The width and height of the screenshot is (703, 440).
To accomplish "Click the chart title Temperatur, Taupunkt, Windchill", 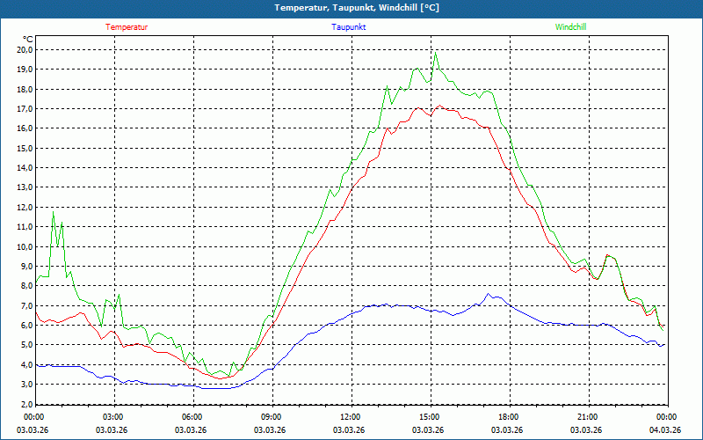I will point(356,8).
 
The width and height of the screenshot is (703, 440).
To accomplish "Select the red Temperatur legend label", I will point(127,27).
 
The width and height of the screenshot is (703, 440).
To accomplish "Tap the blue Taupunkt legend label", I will point(349,27).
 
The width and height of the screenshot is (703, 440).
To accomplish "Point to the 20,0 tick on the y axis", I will point(24,49).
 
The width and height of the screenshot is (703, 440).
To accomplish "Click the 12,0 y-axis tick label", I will point(24,207).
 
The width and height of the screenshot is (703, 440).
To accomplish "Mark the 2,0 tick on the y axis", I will point(24,404).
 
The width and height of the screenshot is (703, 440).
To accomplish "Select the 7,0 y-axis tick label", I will point(24,305).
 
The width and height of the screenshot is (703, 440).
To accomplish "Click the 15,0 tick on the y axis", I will point(24,148).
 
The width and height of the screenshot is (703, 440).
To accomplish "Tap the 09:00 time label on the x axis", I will point(272,417).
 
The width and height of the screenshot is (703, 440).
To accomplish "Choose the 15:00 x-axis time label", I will point(430,417).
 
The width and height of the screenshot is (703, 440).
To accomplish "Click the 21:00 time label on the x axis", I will point(588,417).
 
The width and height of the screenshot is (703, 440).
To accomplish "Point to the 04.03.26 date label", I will point(665,430).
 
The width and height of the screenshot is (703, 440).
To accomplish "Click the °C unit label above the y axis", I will point(28,39).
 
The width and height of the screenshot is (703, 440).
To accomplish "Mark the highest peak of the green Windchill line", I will point(435,53).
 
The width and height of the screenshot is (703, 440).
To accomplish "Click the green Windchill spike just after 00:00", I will point(53,212).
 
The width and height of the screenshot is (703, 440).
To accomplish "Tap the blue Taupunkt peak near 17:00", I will point(489,294).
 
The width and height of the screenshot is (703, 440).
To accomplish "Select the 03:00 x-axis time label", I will point(113,417).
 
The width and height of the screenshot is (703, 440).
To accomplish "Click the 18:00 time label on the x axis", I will point(509,417).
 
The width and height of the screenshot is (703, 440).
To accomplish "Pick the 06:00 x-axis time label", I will point(192,417).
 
